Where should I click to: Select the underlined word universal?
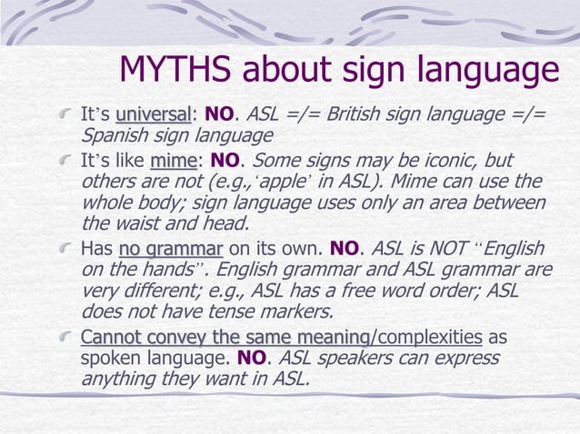pyautogui.click(x=154, y=116)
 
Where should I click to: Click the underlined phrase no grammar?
pyautogui.click(x=170, y=249)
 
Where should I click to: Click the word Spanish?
pyautogui.click(x=115, y=136)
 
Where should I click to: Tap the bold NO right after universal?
pyautogui.click(x=219, y=116)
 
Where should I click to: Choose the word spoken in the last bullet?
pyautogui.click(x=112, y=358)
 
